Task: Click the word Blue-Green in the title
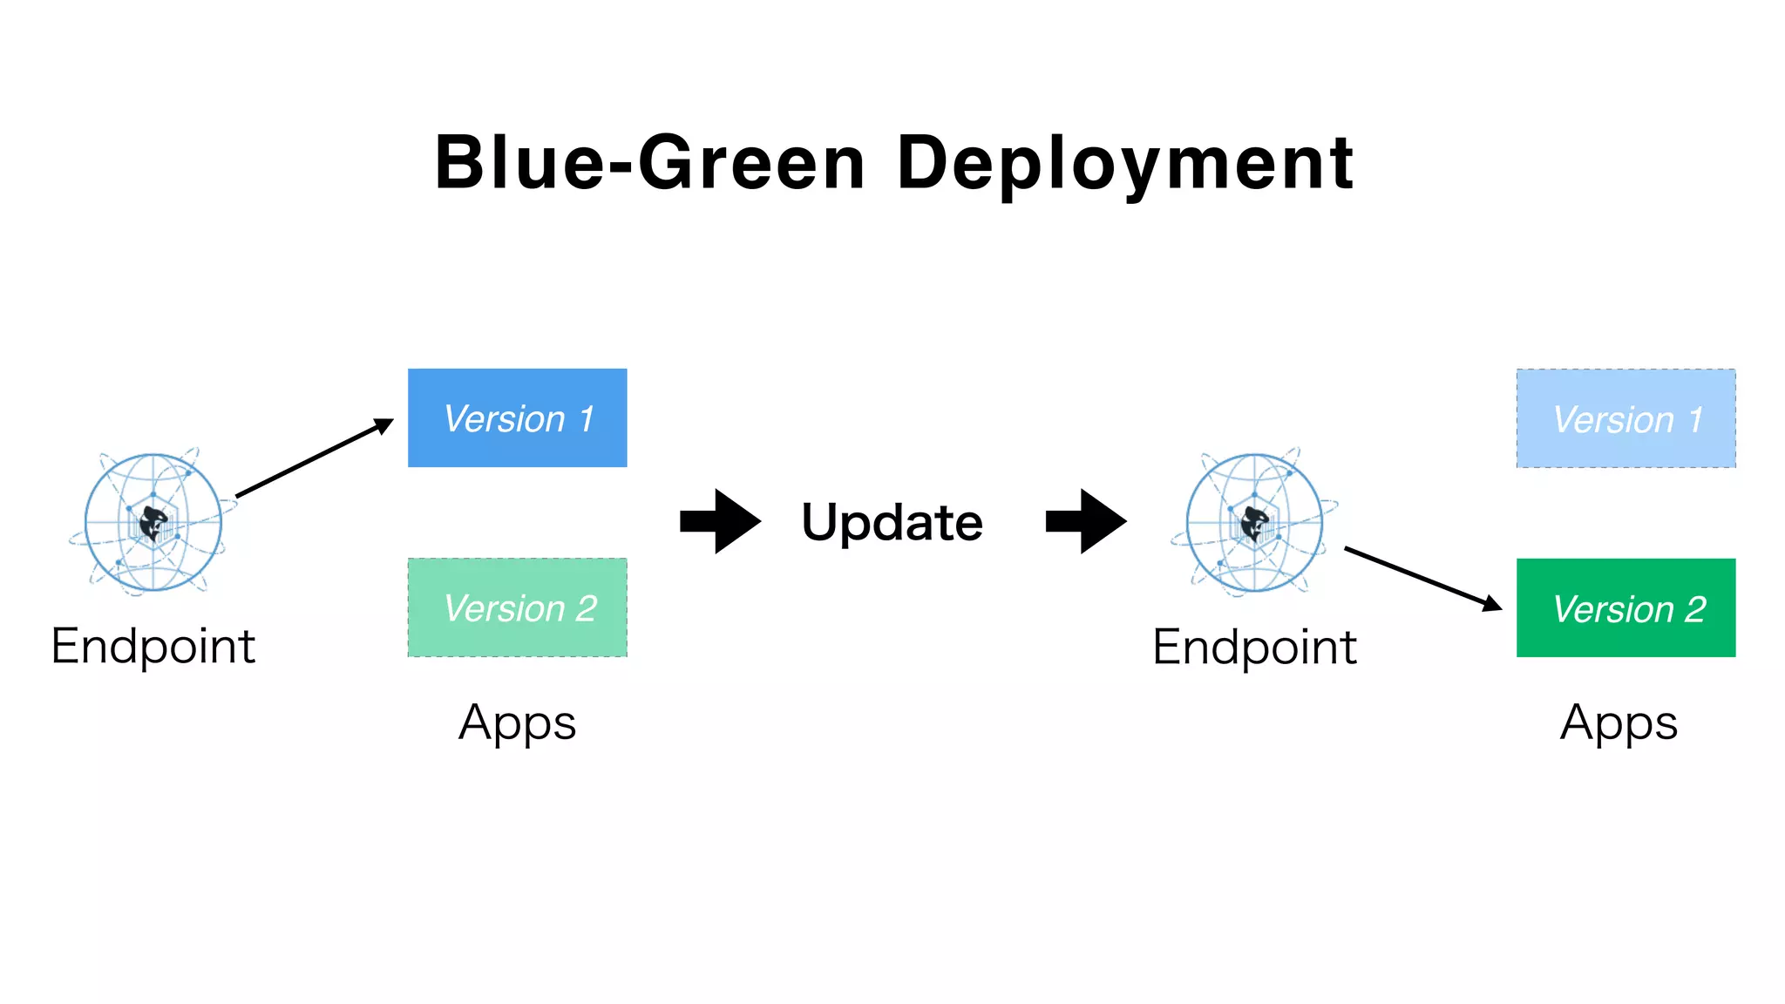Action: pyautogui.click(x=649, y=163)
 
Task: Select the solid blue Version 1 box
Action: pyautogui.click(x=517, y=417)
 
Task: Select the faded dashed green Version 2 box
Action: pyautogui.click(x=517, y=607)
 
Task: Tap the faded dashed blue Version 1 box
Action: pyautogui.click(x=1626, y=418)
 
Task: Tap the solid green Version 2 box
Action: pyautogui.click(x=1626, y=607)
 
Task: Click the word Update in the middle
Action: pyautogui.click(x=892, y=522)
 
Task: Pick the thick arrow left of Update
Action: pyautogui.click(x=720, y=521)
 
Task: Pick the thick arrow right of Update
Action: pyautogui.click(x=1085, y=521)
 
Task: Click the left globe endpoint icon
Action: pyautogui.click(x=153, y=523)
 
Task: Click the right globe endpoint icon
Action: pyautogui.click(x=1254, y=523)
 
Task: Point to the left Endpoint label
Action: pyautogui.click(x=153, y=647)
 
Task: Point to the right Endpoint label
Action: pyautogui.click(x=1254, y=648)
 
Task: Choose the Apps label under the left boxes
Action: pyautogui.click(x=517, y=723)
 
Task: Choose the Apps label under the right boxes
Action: pyautogui.click(x=1619, y=723)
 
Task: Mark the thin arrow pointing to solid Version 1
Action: pyautogui.click(x=314, y=458)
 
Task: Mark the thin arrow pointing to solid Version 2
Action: pyautogui.click(x=1422, y=578)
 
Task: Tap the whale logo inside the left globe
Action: pyautogui.click(x=154, y=524)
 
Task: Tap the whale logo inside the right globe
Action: pyautogui.click(x=1255, y=524)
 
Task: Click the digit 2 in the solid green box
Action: pyautogui.click(x=1694, y=609)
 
